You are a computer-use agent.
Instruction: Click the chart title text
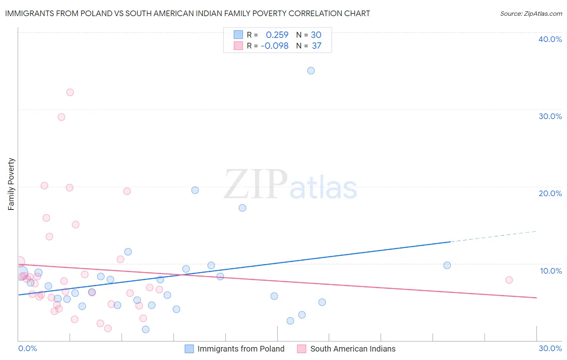[188, 13]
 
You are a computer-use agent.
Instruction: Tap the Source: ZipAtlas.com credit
[531, 13]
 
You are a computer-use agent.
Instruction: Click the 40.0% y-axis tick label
[550, 39]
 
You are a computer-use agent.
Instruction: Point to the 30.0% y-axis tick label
[550, 116]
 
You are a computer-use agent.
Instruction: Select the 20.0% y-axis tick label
[550, 193]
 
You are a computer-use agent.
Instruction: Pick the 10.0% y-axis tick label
[551, 271]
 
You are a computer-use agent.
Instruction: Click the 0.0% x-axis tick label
[27, 348]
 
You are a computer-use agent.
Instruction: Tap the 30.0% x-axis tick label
[550, 348]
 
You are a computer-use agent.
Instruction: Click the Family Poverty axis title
[11, 184]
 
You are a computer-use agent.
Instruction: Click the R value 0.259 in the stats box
[277, 35]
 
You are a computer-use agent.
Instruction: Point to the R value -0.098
[275, 46]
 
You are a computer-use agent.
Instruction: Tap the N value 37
[317, 46]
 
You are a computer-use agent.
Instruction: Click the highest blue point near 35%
[311, 71]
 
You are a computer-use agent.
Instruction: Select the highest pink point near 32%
[70, 92]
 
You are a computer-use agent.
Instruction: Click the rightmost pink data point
[509, 280]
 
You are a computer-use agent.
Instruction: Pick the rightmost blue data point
[447, 266]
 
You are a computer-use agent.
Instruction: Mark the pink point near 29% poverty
[61, 117]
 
